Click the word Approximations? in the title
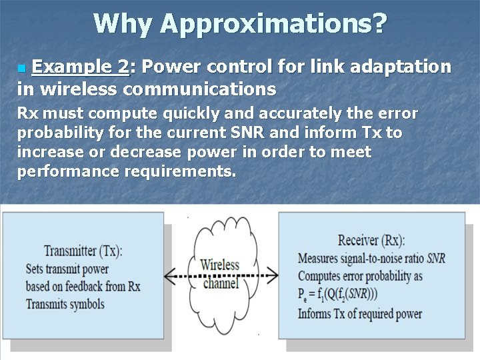[273, 24]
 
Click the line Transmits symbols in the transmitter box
[65, 304]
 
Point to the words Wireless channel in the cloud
[220, 273]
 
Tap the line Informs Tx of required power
[360, 313]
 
